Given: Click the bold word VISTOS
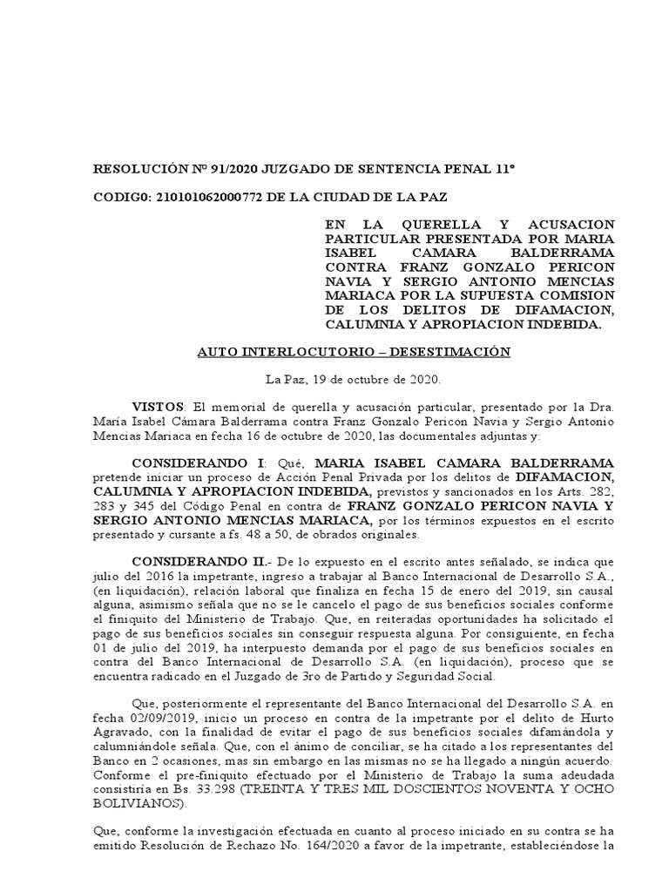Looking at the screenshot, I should click(x=158, y=407).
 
